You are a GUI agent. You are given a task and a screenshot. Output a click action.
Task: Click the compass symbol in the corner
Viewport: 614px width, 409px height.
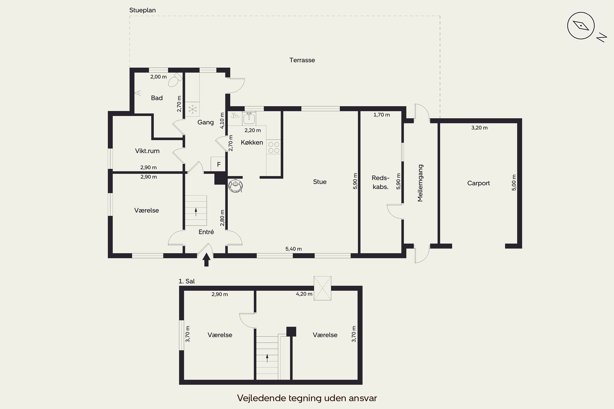[581, 26]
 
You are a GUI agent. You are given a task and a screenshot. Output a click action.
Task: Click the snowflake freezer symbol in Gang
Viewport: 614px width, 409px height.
[193, 109]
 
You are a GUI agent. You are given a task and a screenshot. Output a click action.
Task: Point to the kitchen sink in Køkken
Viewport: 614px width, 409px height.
[249, 118]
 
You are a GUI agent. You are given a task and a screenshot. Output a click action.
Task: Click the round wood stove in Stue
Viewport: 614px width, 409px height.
[236, 185]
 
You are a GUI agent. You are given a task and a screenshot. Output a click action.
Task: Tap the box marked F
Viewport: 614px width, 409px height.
[218, 164]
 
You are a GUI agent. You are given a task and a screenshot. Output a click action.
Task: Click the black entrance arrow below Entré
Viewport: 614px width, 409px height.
[207, 260]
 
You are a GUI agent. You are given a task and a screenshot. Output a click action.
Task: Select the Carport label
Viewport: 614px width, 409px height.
[478, 183]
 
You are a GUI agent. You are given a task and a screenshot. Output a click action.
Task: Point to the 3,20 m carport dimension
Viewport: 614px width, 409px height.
[479, 128]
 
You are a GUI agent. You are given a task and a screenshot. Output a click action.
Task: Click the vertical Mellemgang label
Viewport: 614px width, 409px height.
[420, 183]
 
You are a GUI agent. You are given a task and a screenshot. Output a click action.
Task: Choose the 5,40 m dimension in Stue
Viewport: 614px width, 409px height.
[293, 249]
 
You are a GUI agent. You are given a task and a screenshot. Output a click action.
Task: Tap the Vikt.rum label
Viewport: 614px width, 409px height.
[147, 151]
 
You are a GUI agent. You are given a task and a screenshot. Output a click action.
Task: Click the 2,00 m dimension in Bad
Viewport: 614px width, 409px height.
[158, 77]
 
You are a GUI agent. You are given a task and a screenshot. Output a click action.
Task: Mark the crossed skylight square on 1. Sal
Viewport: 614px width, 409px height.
[322, 288]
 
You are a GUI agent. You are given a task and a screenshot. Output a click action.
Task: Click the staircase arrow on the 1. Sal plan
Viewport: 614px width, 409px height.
[267, 358]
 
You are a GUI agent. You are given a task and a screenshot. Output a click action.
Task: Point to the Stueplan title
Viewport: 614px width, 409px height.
[142, 10]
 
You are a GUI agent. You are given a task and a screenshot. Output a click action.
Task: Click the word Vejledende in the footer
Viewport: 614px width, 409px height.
[261, 398]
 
